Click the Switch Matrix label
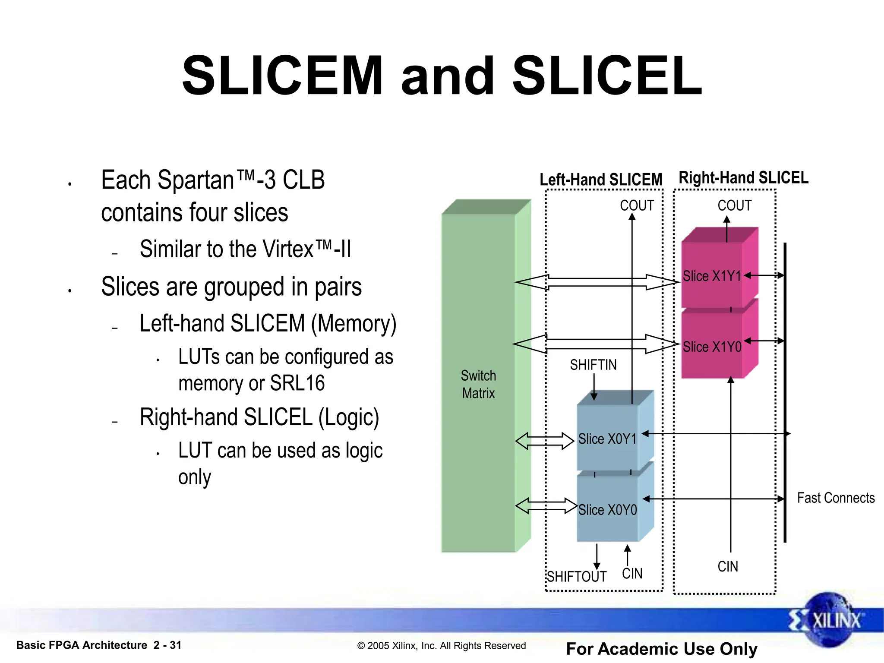[x=478, y=384]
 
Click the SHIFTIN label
[x=593, y=365]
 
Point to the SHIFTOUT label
[x=577, y=577]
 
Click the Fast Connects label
[x=836, y=498]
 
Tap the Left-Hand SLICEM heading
[x=601, y=180]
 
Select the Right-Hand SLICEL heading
[x=743, y=178]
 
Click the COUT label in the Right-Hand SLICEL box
[x=734, y=205]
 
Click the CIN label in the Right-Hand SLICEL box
[x=728, y=566]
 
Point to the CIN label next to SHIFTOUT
[x=632, y=574]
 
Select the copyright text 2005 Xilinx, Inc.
[x=441, y=646]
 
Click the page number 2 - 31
[x=167, y=645]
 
